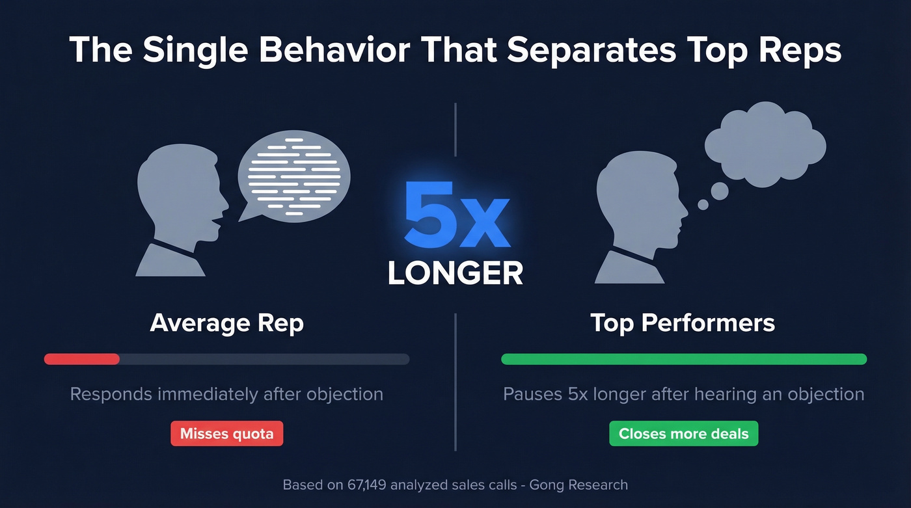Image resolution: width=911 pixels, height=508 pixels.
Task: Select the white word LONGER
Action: pyautogui.click(x=455, y=273)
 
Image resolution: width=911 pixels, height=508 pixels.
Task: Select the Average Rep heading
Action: pyautogui.click(x=226, y=323)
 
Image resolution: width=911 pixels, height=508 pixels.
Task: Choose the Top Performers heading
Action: pyautogui.click(x=683, y=323)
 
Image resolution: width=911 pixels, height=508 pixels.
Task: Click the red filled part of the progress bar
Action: pyautogui.click(x=82, y=359)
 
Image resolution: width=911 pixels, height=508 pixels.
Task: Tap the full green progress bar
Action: pyautogui.click(x=683, y=359)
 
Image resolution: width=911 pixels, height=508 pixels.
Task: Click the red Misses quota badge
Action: pyautogui.click(x=226, y=434)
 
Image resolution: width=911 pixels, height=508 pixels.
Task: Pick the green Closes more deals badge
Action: pyautogui.click(x=683, y=434)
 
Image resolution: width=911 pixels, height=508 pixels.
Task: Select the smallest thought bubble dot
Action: pyautogui.click(x=703, y=204)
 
